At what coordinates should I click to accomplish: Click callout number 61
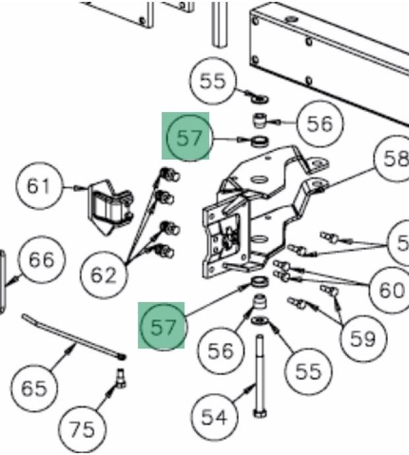(x=38, y=186)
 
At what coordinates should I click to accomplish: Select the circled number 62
(x=102, y=274)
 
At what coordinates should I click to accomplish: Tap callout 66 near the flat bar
(x=41, y=259)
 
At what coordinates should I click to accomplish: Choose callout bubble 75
(x=82, y=429)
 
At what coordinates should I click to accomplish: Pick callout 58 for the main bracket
(x=394, y=159)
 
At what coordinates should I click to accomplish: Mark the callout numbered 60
(x=391, y=289)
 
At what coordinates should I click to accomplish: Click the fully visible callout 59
(x=362, y=338)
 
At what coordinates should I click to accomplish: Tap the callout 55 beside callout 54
(x=308, y=371)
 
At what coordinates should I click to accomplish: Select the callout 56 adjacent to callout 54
(x=220, y=351)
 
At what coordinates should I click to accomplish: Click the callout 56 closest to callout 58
(x=320, y=123)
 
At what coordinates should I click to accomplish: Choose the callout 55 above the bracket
(x=212, y=81)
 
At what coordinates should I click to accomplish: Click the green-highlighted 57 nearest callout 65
(x=162, y=326)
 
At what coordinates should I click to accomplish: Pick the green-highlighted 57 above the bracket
(x=187, y=137)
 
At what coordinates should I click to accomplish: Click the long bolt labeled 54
(x=258, y=376)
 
